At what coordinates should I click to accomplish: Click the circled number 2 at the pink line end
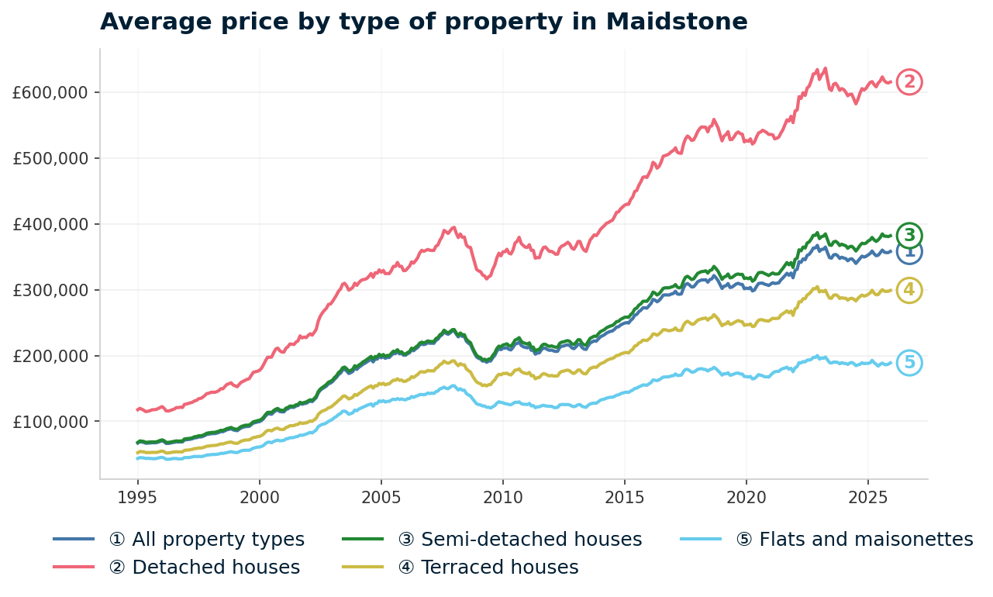point(909,81)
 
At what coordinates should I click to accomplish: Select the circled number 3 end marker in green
point(909,235)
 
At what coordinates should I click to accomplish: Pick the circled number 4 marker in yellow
point(909,291)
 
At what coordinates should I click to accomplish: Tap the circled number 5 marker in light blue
point(909,363)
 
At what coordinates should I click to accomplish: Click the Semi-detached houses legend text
point(519,540)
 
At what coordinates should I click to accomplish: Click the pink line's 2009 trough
point(487,278)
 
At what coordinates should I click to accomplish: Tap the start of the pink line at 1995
point(138,409)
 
